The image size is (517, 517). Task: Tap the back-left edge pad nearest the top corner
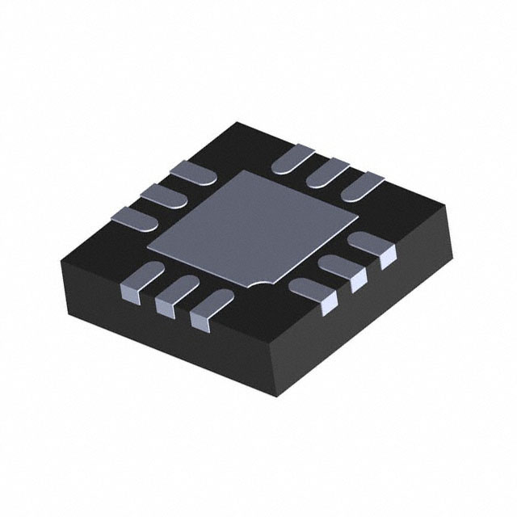coord(191,171)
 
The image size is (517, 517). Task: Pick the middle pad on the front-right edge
coord(343,271)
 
